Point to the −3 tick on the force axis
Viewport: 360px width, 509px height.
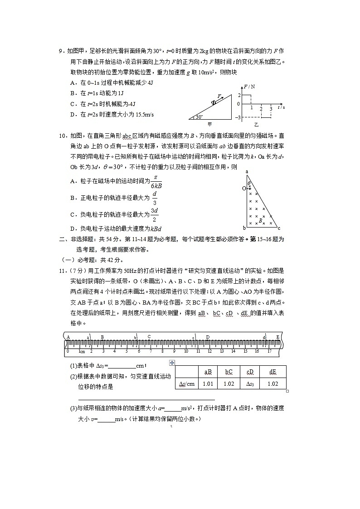pyautogui.click(x=238, y=118)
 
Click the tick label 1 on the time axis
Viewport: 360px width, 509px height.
pyautogui.click(x=252, y=109)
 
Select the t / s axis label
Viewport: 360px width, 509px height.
pyautogui.click(x=281, y=108)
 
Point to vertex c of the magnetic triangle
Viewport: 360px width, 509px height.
pyautogui.click(x=279, y=228)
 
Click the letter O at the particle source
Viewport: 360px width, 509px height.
pyautogui.click(x=243, y=187)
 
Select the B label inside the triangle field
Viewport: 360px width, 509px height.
pyautogui.click(x=261, y=221)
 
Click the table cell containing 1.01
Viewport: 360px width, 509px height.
pyautogui.click(x=208, y=383)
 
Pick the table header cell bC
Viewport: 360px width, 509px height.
pyautogui.click(x=229, y=372)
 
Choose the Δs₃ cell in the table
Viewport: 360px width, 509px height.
pyautogui.click(x=250, y=383)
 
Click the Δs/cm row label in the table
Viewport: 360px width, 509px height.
pyautogui.click(x=186, y=383)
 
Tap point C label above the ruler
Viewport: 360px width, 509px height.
pyautogui.click(x=149, y=337)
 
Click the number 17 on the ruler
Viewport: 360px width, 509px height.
pyautogui.click(x=269, y=351)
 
